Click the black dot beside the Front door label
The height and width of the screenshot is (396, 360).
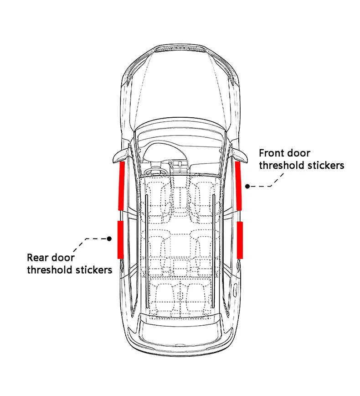coord(247,186)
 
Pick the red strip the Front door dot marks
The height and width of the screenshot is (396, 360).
coord(239,185)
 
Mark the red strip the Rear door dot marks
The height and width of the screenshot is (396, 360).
coord(120,239)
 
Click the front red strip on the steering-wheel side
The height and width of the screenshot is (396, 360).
coord(121,185)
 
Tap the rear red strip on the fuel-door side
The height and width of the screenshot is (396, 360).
coord(240,239)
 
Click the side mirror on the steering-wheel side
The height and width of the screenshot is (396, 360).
coord(118,156)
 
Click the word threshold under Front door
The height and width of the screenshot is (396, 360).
coord(281,165)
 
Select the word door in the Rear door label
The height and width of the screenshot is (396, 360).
coord(63,258)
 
